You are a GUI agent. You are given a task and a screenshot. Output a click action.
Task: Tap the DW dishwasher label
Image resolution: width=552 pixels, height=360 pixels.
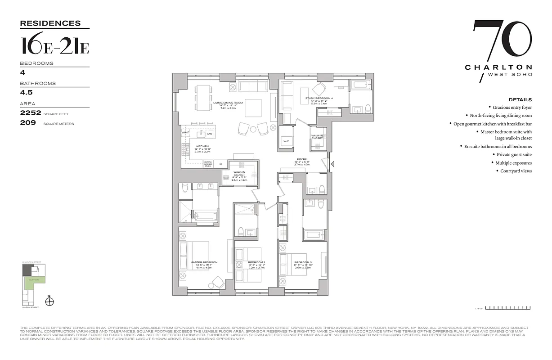click(x=210, y=134)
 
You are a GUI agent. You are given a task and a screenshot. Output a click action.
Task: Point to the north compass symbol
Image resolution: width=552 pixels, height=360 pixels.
click(x=50, y=301)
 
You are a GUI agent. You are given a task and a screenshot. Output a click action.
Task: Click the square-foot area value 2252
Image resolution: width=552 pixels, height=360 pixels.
click(x=31, y=114)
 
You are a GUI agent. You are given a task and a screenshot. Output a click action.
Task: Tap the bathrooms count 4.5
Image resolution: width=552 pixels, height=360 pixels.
click(x=26, y=92)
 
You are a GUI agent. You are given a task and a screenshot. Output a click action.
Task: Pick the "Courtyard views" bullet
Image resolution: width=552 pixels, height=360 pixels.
click(x=516, y=171)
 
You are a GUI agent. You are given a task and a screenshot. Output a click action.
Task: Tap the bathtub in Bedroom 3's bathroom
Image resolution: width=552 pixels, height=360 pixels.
click(x=312, y=234)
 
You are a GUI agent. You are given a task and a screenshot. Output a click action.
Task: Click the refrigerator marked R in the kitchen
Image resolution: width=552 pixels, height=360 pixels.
click(x=221, y=164)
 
